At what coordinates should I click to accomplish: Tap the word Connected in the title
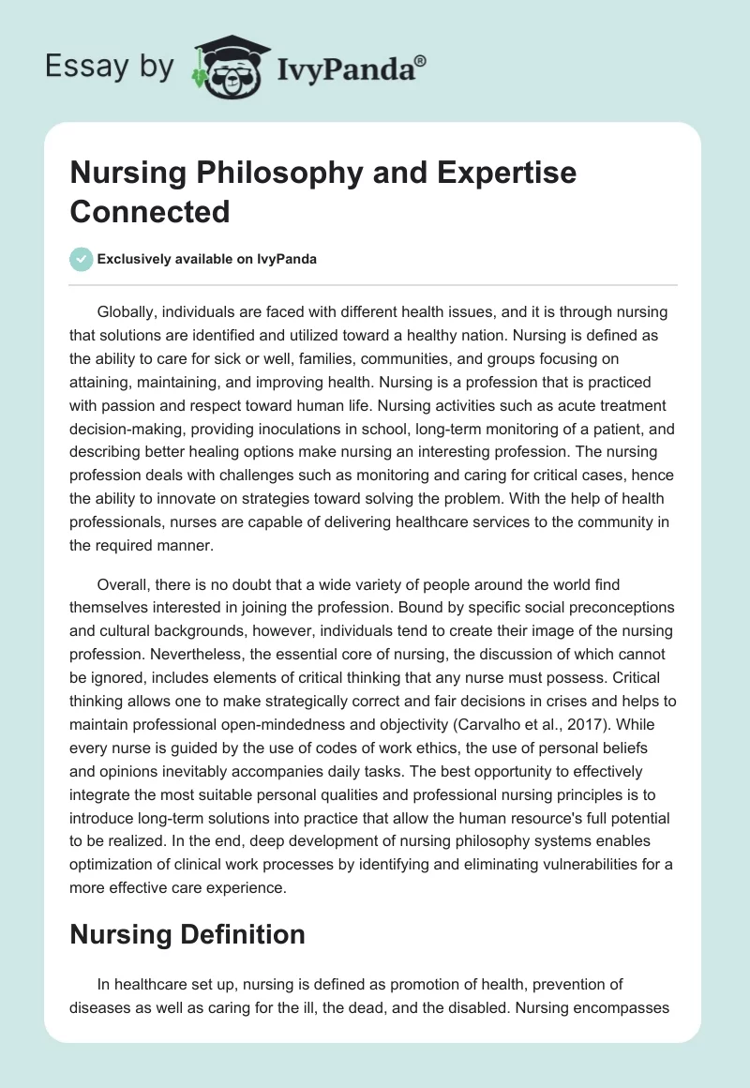(x=150, y=211)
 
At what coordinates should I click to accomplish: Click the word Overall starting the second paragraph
(x=125, y=584)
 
